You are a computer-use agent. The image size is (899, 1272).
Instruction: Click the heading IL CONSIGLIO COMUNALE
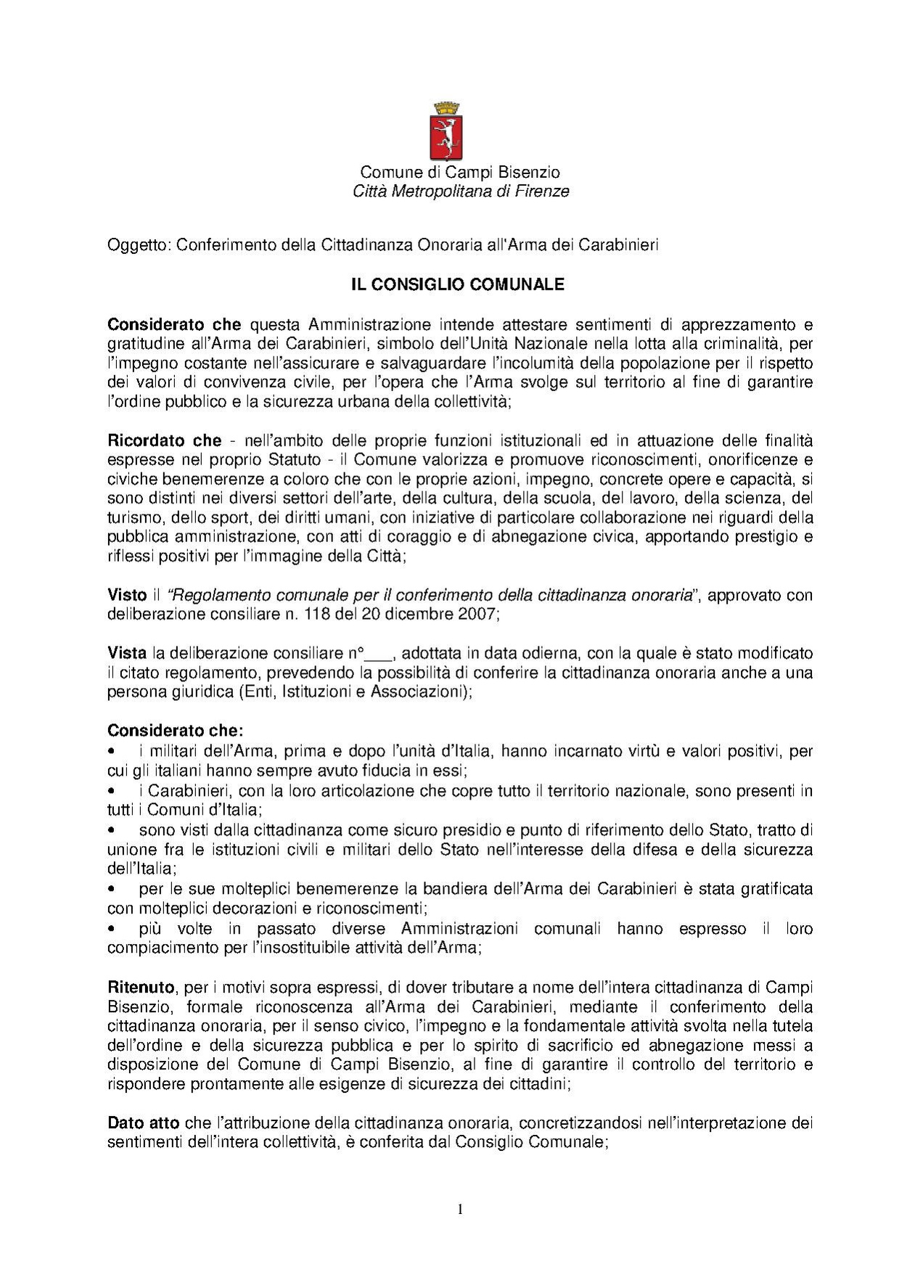coord(458,284)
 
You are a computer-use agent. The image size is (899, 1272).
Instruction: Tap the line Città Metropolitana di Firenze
coord(460,192)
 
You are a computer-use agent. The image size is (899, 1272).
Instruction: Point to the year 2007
coord(479,614)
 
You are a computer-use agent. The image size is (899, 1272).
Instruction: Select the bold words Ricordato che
coord(164,440)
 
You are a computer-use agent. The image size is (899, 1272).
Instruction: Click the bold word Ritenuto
coord(141,988)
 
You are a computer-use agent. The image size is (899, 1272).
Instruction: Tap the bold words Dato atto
coord(143,1123)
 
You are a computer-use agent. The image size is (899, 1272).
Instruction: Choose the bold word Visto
coord(127,595)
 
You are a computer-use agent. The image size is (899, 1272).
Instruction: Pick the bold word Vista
coord(127,653)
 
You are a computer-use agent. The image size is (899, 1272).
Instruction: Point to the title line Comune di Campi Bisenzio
coord(460,173)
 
